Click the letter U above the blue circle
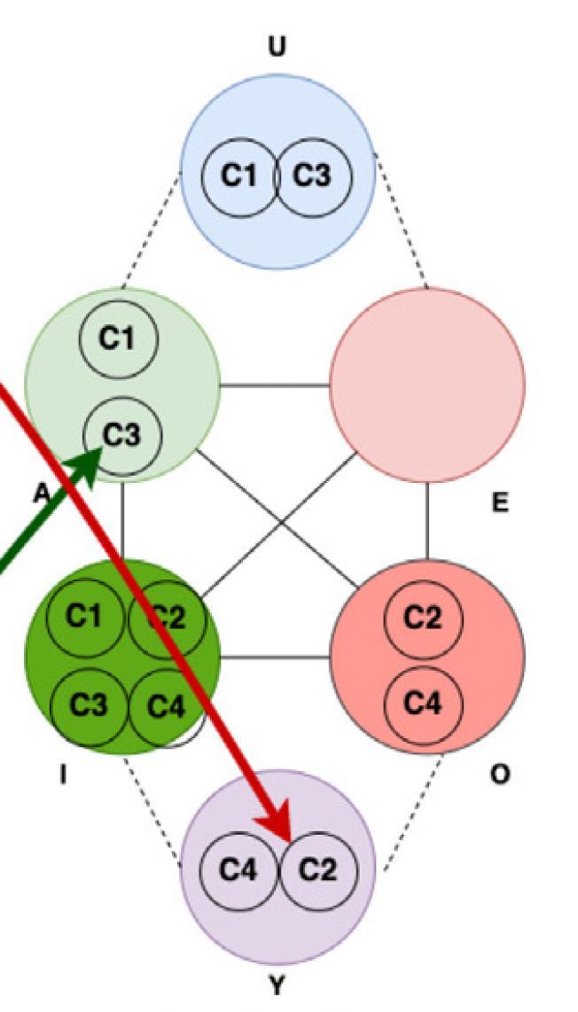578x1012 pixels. pyautogui.click(x=277, y=48)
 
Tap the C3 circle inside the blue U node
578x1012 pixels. pyautogui.click(x=313, y=176)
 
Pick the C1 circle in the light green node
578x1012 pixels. pyautogui.click(x=118, y=339)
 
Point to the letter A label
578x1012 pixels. pyautogui.click(x=39, y=495)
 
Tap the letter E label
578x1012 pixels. pyautogui.click(x=500, y=503)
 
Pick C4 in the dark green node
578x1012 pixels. pyautogui.click(x=168, y=706)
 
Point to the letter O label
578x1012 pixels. pyautogui.click(x=500, y=775)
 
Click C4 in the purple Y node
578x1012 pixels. pyautogui.click(x=238, y=871)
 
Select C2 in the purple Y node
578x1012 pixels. pyautogui.click(x=316, y=871)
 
